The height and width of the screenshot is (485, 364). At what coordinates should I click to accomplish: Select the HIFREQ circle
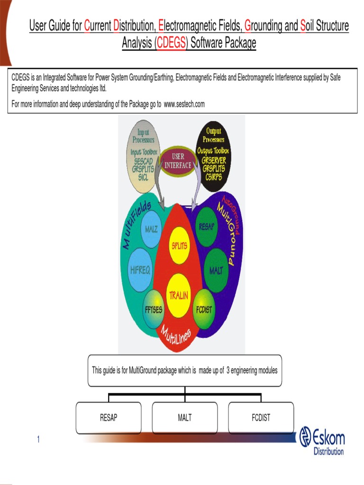click(140, 270)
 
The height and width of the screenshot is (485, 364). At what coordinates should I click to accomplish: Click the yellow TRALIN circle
click(179, 296)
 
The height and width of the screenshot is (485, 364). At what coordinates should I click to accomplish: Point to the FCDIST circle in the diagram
click(204, 310)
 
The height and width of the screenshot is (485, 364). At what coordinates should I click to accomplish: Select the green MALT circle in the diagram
click(216, 271)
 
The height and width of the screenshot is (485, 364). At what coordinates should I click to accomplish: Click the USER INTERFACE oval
click(178, 162)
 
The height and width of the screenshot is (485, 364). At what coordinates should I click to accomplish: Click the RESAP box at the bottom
click(109, 418)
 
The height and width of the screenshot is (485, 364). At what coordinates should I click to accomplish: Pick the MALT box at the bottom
click(185, 418)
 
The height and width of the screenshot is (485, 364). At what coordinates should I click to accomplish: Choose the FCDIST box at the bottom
click(261, 418)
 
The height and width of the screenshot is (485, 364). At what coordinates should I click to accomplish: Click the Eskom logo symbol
click(305, 436)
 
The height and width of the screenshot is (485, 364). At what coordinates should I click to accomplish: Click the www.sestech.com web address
click(184, 104)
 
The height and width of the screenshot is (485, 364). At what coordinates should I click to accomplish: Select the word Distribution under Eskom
click(328, 451)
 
